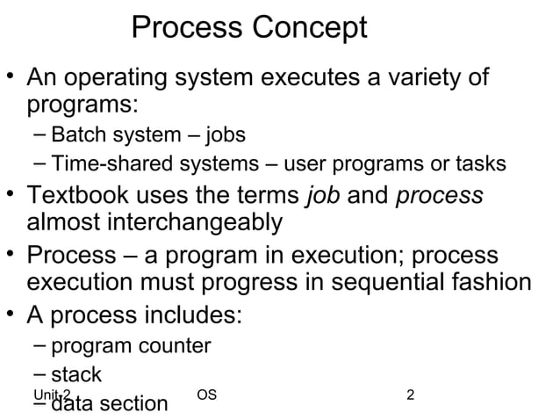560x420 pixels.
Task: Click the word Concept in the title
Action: (310, 28)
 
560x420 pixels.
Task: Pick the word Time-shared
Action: (111, 164)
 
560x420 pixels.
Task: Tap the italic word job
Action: (321, 195)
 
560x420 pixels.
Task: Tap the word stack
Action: (76, 374)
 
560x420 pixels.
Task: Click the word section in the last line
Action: (136, 403)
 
